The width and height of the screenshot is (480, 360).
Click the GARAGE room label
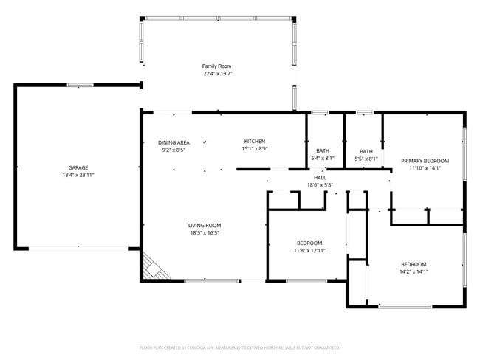tap(78, 167)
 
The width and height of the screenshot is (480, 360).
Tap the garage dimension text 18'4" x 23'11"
tap(78, 176)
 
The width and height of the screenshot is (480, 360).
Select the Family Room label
tap(217, 66)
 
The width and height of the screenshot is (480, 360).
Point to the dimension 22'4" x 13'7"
tap(217, 74)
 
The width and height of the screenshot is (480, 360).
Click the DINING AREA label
tap(174, 142)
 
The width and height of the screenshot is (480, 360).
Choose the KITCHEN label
tap(255, 142)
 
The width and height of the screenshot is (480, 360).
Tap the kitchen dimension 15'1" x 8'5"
tap(255, 149)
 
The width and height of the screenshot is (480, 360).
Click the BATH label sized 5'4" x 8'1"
tap(323, 151)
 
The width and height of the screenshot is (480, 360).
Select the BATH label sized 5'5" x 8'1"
tap(366, 151)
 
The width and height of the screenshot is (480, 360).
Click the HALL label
tap(320, 178)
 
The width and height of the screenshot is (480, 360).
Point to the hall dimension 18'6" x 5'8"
tap(320, 185)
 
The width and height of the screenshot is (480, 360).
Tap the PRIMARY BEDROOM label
tap(425, 161)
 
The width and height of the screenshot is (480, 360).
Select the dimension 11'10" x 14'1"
tap(425, 168)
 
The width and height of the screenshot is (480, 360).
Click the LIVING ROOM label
tap(205, 226)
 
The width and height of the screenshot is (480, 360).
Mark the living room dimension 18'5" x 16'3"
tap(205, 233)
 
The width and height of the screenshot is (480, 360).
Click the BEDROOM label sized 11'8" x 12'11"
tap(309, 243)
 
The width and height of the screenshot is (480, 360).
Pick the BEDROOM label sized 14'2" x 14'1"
tap(414, 264)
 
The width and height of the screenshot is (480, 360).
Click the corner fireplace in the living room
tap(154, 267)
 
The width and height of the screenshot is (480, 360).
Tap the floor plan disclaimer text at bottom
tap(239, 347)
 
